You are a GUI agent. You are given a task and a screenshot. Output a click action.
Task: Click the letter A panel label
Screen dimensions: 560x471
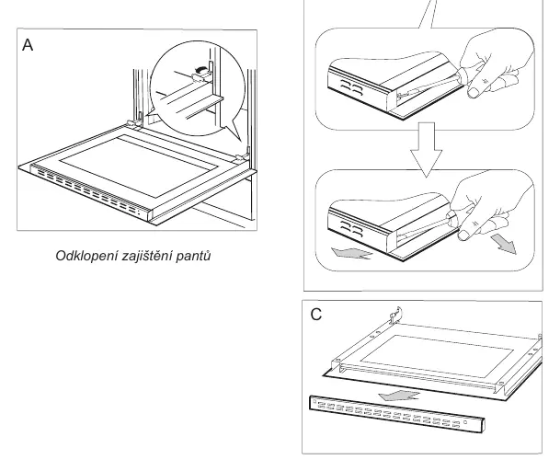28,45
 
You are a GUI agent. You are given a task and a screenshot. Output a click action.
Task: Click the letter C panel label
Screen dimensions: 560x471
316,315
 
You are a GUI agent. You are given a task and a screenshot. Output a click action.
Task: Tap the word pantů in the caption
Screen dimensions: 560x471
193,257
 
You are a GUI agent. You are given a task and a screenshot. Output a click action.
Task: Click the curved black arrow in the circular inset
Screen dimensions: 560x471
200,69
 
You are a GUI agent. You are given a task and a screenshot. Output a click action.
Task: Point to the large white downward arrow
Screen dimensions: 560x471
426,150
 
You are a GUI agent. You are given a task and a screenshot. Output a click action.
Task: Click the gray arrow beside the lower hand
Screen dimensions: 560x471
504,244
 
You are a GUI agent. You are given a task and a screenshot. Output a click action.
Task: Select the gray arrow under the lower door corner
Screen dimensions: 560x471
352,253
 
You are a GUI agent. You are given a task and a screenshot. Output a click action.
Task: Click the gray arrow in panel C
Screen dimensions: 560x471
398,396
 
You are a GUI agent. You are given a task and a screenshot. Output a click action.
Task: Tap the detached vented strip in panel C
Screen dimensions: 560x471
397,414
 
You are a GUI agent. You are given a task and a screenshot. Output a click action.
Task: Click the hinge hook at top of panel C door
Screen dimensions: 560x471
396,315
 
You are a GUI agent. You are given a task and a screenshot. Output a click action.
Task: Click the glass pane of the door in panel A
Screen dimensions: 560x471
139,167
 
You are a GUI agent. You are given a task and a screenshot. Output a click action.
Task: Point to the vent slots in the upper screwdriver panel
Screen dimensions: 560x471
352,88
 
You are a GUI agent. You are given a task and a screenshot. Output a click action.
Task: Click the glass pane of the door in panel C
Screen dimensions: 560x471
437,356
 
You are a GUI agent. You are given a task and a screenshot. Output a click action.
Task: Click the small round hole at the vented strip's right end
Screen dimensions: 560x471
465,422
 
